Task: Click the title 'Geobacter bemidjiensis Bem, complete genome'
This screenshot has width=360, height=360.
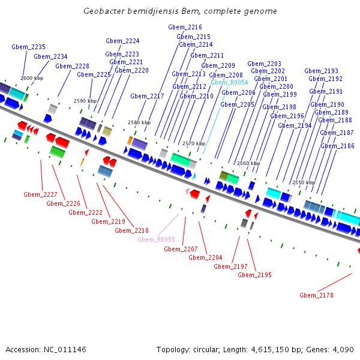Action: click(x=180, y=11)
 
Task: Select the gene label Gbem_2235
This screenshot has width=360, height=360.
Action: click(x=28, y=47)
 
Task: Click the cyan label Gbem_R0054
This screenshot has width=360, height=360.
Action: click(x=229, y=82)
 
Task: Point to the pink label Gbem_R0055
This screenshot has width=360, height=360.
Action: click(x=156, y=239)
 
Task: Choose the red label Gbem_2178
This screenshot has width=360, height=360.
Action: click(x=316, y=295)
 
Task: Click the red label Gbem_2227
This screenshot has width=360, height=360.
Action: click(x=40, y=194)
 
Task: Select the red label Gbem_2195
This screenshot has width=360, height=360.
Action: click(x=254, y=275)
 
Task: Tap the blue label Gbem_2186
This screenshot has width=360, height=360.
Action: click(x=337, y=146)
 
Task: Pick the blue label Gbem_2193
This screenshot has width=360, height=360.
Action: click(x=321, y=71)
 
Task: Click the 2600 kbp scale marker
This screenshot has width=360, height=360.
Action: click(x=32, y=78)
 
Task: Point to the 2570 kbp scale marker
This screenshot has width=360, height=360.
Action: click(x=194, y=144)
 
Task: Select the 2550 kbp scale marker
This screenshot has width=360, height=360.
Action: click(x=303, y=182)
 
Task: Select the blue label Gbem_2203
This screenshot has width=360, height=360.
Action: click(x=264, y=64)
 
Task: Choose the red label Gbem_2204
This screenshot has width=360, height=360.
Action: click(x=205, y=257)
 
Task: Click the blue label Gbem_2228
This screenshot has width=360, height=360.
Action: click(x=73, y=67)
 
